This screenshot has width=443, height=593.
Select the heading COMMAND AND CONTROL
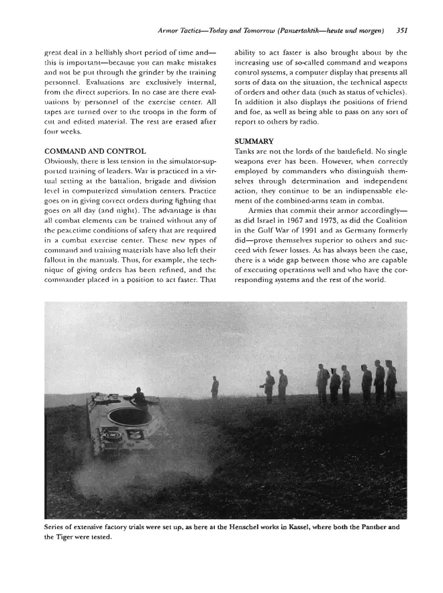(x=94, y=152)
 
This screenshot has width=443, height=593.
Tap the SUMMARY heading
(x=254, y=142)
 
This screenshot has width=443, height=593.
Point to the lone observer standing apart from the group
(x=215, y=387)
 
